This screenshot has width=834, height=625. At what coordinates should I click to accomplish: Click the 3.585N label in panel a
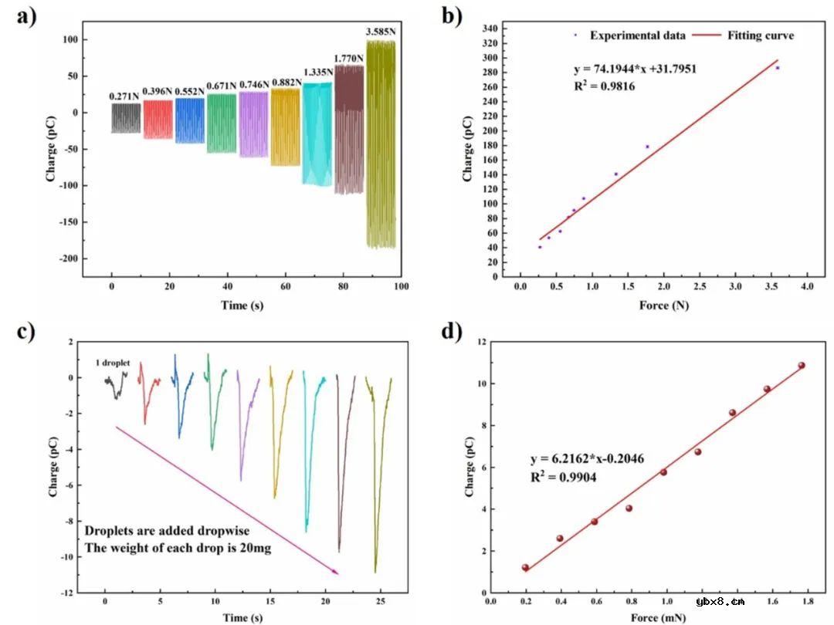(381, 32)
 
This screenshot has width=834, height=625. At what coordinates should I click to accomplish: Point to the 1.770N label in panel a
(349, 58)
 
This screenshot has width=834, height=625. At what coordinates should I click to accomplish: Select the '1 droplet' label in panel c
(114, 363)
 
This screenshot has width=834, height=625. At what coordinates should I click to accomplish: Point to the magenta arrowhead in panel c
(336, 572)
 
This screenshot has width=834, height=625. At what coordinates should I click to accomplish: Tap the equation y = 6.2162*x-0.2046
(587, 459)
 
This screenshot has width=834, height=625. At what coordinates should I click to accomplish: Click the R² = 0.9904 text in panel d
(563, 478)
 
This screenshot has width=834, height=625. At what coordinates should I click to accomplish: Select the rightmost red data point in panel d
(802, 366)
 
